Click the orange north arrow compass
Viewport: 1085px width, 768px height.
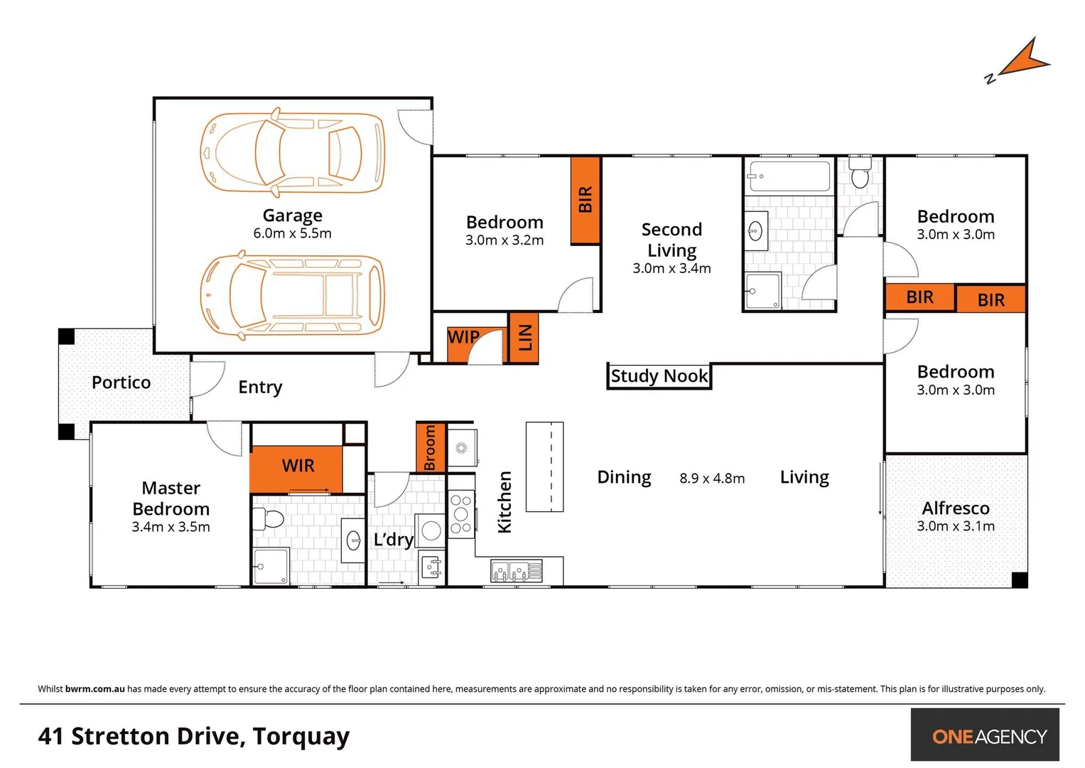1023,60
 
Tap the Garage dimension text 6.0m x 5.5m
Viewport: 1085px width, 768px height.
292,233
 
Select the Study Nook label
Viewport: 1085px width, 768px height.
659,376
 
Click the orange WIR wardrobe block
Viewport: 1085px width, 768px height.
296,466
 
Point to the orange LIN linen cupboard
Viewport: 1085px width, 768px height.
524,338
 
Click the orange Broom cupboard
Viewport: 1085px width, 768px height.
430,448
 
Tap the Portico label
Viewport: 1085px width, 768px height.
121,383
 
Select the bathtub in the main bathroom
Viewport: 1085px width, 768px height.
789,176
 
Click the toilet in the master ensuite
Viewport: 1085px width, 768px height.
269,518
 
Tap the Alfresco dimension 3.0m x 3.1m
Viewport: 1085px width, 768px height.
955,526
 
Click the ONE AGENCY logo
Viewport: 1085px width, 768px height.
988,736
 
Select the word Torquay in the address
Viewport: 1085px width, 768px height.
301,737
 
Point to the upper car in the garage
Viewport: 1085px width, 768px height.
292,152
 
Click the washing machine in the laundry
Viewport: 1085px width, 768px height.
431,530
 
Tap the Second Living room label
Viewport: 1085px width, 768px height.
671,240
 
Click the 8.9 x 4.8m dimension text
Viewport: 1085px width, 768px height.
712,479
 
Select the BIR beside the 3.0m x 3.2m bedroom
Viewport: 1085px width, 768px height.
585,200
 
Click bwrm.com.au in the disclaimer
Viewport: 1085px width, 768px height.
95,688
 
